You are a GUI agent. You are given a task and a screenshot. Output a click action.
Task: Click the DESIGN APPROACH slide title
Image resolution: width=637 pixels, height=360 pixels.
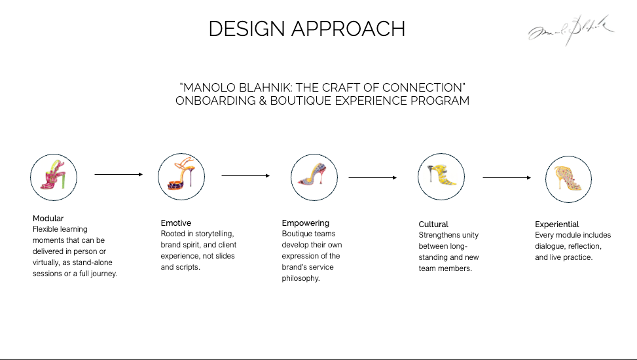click(x=306, y=29)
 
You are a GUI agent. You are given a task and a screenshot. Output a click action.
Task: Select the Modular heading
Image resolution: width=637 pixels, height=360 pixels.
click(x=48, y=219)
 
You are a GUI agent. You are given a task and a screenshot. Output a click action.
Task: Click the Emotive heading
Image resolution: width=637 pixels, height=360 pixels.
click(x=176, y=223)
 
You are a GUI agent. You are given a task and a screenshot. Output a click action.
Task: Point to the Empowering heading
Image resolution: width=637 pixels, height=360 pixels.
click(x=306, y=223)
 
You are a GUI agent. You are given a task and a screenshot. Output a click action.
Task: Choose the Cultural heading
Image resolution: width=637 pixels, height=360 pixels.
click(x=433, y=225)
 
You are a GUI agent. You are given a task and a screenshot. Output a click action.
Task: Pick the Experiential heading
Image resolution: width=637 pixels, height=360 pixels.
click(x=557, y=225)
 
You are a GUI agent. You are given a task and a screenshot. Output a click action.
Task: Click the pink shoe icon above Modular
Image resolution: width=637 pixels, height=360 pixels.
click(x=54, y=176)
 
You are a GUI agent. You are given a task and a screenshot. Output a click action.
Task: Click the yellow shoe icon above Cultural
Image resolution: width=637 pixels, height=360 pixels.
click(x=442, y=175)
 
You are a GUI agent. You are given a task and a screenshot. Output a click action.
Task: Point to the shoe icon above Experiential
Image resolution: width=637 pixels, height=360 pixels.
click(x=568, y=178)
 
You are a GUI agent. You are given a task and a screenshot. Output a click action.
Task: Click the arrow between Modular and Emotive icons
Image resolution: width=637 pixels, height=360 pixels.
click(x=118, y=175)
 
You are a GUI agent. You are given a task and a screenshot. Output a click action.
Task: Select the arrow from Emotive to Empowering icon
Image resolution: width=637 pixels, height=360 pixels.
click(x=246, y=175)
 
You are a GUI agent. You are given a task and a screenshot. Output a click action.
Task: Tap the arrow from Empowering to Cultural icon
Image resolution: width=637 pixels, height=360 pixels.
click(x=373, y=177)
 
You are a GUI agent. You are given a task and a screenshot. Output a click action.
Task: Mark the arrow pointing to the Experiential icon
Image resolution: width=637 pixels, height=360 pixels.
click(x=505, y=177)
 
